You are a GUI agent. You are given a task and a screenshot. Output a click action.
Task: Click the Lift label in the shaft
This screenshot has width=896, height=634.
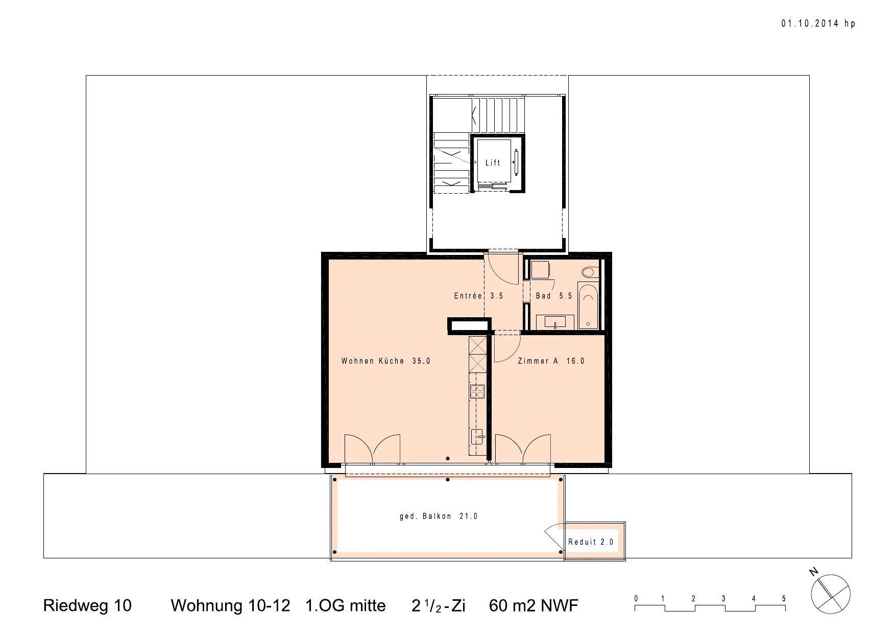tap(493, 162)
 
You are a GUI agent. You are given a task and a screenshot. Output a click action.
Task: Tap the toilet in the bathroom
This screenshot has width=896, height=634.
tap(591, 271)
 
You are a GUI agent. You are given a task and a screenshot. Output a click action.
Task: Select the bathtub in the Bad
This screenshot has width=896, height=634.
tap(589, 306)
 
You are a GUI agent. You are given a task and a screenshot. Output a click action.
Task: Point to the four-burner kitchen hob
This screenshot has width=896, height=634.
tap(477, 391)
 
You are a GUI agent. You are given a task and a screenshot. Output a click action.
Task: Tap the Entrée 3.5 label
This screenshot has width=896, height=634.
tap(478, 296)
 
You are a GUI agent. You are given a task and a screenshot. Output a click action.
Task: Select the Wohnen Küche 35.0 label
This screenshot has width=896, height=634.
tap(386, 361)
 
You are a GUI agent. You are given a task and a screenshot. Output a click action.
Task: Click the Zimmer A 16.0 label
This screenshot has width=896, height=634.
tap(551, 361)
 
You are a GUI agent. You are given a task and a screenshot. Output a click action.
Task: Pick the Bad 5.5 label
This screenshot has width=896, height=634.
tap(554, 296)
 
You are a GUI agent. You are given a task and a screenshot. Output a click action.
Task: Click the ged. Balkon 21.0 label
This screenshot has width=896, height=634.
tap(439, 516)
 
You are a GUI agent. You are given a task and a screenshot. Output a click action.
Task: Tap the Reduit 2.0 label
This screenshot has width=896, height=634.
tap(591, 542)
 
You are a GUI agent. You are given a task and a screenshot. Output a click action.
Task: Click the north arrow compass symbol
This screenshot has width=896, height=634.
tap(830, 594)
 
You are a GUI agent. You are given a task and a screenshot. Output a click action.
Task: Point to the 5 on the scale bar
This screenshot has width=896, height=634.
tap(784, 599)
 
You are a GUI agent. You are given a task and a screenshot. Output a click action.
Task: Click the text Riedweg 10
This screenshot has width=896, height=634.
tap(87, 605)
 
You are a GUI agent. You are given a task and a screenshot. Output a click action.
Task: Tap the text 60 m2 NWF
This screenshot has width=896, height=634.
tap(534, 605)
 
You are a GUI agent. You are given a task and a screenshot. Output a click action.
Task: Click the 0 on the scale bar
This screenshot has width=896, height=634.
tap(636, 599)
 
